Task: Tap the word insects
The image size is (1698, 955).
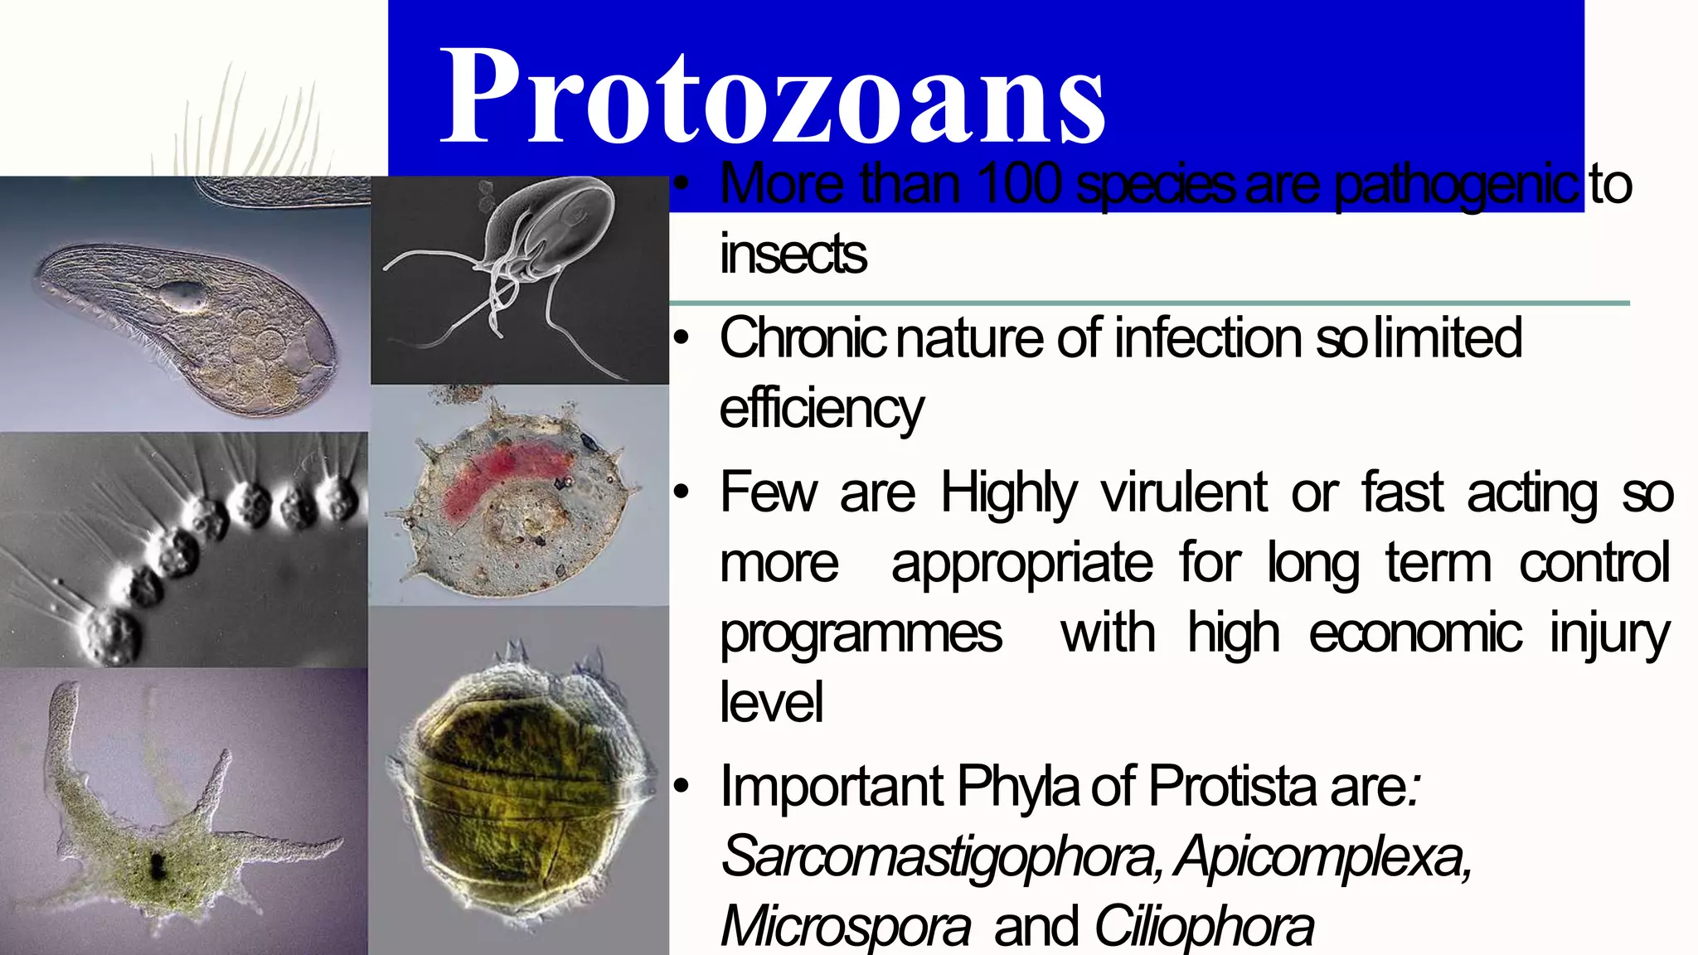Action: click(793, 254)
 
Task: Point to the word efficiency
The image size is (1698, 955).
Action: click(821, 410)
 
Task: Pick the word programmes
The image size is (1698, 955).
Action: click(860, 633)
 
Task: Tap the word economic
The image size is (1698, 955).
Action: click(1414, 633)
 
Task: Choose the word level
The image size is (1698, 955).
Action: click(771, 703)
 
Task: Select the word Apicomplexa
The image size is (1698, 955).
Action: click(1323, 856)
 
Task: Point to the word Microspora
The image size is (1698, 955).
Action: click(845, 927)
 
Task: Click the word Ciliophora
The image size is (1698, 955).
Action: click(1203, 927)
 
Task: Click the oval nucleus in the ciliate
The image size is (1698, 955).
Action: click(183, 293)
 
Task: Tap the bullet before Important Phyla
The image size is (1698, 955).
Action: click(681, 786)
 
